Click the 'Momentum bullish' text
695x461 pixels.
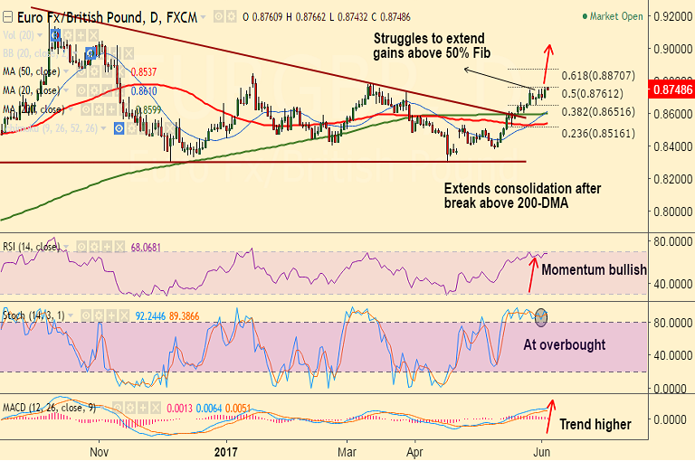[594, 269]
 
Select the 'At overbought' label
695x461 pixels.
[564, 345]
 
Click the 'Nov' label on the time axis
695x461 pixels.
[100, 450]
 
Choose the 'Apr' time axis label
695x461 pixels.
[415, 450]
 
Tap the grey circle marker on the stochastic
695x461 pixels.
[542, 317]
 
